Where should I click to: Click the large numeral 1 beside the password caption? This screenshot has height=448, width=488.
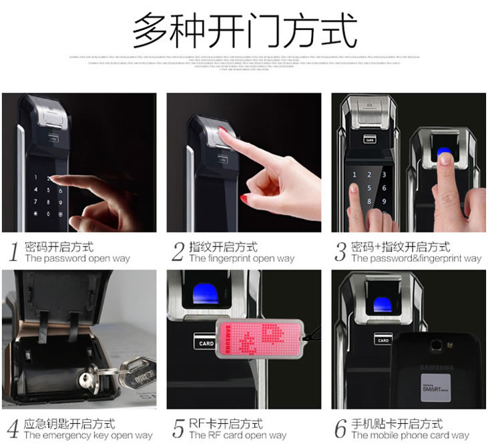tap(13, 252)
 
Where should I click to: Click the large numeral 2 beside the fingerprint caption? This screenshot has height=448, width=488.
tap(178, 252)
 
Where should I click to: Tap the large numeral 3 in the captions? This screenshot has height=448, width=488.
tap(340, 252)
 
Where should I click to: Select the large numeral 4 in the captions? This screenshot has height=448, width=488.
tap(13, 429)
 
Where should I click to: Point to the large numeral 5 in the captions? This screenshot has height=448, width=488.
tap(178, 429)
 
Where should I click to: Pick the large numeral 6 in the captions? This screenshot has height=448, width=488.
tap(340, 429)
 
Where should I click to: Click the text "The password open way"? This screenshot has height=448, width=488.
tap(77, 258)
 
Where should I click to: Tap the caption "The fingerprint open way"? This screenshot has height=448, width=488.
tap(242, 258)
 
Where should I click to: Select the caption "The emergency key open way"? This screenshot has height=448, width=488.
tap(88, 435)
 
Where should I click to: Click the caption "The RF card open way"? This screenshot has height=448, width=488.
tap(238, 435)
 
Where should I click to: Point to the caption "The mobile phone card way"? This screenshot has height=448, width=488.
tap(410, 435)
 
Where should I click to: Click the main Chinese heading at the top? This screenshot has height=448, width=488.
tap(244, 31)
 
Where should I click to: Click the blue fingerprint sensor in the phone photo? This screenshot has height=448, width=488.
tap(383, 304)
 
